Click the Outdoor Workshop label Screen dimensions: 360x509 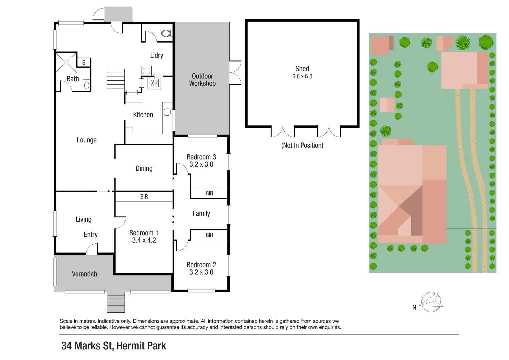pyautogui.click(x=202, y=80)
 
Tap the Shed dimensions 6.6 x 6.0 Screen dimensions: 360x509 pyautogui.click(x=302, y=76)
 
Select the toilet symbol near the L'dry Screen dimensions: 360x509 pyautogui.click(x=167, y=33)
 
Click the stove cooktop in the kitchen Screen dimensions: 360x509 pyautogui.click(x=154, y=83)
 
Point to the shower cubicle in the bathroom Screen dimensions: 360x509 pyautogui.click(x=66, y=62)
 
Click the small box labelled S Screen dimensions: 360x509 pyautogui.click(x=84, y=62)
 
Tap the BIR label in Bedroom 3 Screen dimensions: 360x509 pyautogui.click(x=209, y=193)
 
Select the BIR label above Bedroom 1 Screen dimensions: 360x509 pyautogui.click(x=144, y=197)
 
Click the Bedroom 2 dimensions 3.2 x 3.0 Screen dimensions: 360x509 pyautogui.click(x=201, y=272)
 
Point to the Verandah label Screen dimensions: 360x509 pyautogui.click(x=84, y=274)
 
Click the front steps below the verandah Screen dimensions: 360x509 pyautogui.click(x=116, y=302)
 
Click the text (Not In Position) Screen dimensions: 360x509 pyautogui.click(x=302, y=145)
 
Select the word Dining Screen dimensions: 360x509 pyautogui.click(x=144, y=168)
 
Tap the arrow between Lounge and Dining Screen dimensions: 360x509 pyautogui.click(x=104, y=191)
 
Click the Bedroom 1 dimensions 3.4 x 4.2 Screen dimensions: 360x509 pyautogui.click(x=144, y=240)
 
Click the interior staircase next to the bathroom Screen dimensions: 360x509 pyautogui.click(x=115, y=80)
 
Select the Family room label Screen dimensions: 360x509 pyautogui.click(x=201, y=213)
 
